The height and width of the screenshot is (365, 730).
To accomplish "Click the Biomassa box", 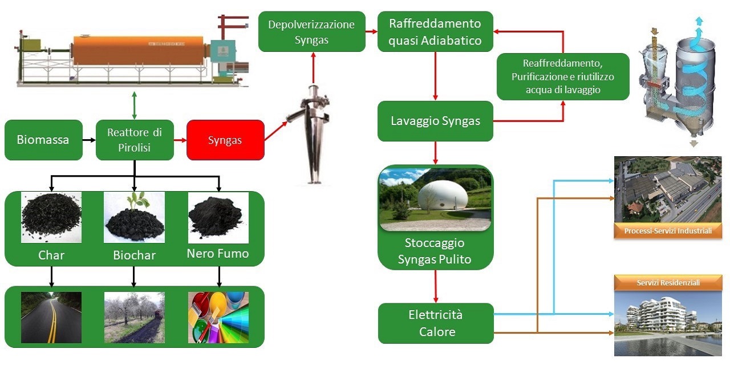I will pyautogui.click(x=43, y=140).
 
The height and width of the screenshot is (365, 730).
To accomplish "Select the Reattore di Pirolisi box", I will pyautogui.click(x=135, y=140).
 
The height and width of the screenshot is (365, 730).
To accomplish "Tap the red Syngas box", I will pyautogui.click(x=225, y=140).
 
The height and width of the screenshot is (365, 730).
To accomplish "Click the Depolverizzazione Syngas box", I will pyautogui.click(x=311, y=32).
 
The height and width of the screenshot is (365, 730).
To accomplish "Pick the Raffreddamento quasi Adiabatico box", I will pyautogui.click(x=435, y=32).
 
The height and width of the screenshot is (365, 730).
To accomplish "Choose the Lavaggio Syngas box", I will pyautogui.click(x=435, y=121).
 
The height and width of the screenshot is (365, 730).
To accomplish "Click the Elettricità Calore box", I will pyautogui.click(x=436, y=323).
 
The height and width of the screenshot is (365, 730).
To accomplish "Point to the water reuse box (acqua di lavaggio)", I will pyautogui.click(x=563, y=76).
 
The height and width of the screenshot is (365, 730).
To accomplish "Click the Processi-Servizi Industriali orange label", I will pyautogui.click(x=668, y=231).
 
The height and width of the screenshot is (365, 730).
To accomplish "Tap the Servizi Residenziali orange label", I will pyautogui.click(x=668, y=282).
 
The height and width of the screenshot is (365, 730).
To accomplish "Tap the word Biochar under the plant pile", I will pyautogui.click(x=134, y=255).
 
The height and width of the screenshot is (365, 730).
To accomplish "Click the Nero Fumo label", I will pyautogui.click(x=218, y=254).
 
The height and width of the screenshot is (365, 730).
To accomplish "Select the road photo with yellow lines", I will pyautogui.click(x=51, y=317).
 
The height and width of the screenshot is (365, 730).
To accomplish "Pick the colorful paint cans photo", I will pyautogui.click(x=218, y=317).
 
